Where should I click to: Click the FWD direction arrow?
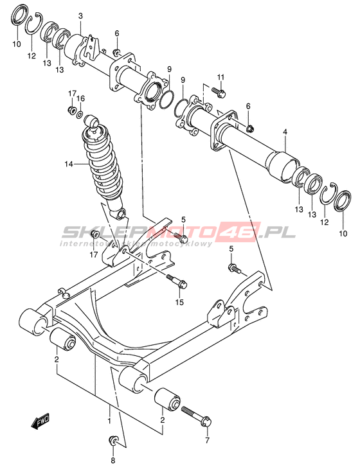tap(40, 422)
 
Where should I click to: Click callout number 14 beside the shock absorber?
tap(69, 164)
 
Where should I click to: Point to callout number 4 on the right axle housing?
tap(285, 132)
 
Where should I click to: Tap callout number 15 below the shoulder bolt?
tap(180, 302)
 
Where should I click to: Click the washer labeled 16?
tap(80, 114)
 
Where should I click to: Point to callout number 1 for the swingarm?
tap(109, 421)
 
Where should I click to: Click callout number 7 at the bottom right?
tap(207, 440)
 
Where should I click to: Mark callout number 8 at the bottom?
tap(113, 460)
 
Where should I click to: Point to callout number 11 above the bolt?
tap(221, 77)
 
